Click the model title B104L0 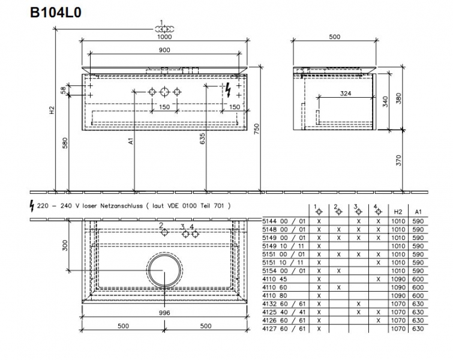56,13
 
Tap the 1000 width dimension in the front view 164,37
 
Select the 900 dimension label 164,50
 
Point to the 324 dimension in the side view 346,94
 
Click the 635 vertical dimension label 203,139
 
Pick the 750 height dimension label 257,129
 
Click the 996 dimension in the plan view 164,313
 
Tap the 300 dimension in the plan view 65,245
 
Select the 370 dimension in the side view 398,160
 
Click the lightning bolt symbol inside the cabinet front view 228,90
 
